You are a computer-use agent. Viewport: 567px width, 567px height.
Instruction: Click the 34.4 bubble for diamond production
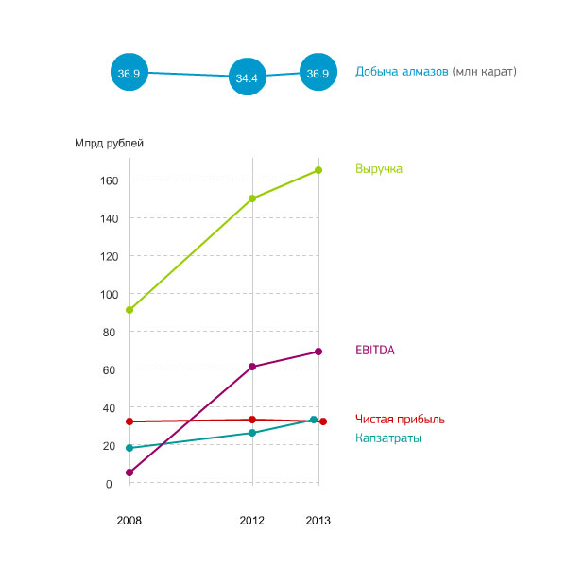coord(248,78)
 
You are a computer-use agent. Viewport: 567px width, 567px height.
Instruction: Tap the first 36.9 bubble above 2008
coord(129,72)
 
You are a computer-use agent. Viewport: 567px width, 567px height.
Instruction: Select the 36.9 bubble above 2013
coord(318,72)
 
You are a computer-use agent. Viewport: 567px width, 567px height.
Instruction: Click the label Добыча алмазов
coord(402,72)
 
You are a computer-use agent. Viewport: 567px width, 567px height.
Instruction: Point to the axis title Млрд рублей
coord(109,144)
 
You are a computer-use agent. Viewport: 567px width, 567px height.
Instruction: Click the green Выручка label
coord(379,169)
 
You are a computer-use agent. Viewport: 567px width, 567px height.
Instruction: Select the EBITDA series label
coord(375,350)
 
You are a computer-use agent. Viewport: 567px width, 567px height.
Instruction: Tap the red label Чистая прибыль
coord(400,420)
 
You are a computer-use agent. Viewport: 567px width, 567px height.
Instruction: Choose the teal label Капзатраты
coord(388,438)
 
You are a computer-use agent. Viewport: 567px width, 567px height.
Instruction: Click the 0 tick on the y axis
coord(109,484)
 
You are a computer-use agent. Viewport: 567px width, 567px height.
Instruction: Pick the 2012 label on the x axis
coord(251,521)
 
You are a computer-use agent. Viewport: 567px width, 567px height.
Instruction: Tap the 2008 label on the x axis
coord(129,521)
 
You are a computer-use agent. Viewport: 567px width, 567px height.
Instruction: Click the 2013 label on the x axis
coord(318,521)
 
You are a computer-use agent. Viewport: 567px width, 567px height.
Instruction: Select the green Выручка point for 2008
coord(129,310)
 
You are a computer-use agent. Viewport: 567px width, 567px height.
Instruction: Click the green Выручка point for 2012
coord(252,198)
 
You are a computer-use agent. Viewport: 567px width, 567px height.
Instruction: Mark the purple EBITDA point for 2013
coord(318,352)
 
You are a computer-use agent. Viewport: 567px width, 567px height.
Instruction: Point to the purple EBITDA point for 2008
coord(129,472)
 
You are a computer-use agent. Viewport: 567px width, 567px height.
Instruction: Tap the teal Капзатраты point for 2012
coord(252,433)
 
